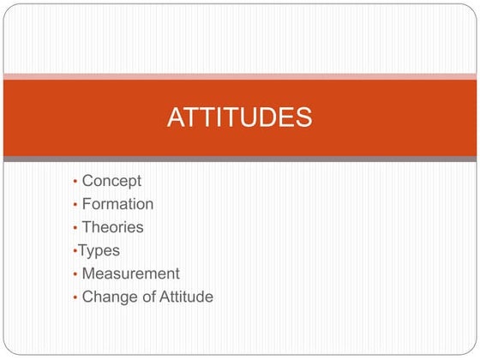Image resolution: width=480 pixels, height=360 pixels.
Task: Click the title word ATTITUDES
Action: (239, 117)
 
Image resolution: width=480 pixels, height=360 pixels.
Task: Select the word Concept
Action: (111, 181)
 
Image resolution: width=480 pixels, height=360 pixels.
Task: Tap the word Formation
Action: (117, 204)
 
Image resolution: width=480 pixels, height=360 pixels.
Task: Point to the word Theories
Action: (112, 227)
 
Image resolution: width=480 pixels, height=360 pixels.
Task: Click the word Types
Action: (99, 250)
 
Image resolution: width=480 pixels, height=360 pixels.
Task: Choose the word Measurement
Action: (130, 273)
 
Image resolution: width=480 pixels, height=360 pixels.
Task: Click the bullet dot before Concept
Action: (75, 182)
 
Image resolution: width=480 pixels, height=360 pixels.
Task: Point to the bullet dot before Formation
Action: (75, 205)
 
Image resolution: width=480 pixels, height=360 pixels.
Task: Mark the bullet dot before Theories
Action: (75, 228)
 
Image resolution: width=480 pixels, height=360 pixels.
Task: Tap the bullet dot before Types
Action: (75, 251)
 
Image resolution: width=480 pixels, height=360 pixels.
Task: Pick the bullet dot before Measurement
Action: (75, 274)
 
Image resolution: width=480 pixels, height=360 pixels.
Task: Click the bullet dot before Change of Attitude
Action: (75, 297)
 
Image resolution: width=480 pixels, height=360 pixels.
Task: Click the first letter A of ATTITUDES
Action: (176, 117)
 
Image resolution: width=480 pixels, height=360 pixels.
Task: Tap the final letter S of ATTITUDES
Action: (303, 117)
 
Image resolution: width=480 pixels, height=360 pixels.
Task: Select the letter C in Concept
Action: (87, 181)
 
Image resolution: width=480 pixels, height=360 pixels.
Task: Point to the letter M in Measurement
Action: (88, 273)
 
